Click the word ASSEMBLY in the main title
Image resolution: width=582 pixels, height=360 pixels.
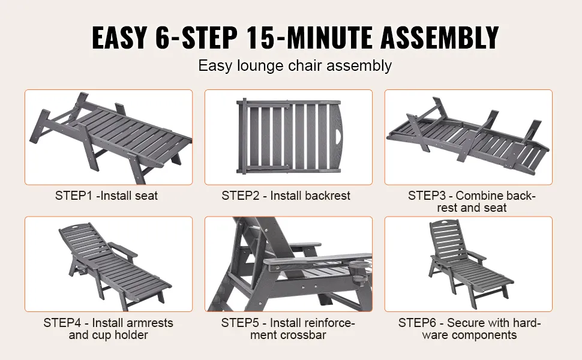coord(440,37)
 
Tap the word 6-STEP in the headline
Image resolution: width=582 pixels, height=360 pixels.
coord(194,37)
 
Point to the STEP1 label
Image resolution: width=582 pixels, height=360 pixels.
coord(73,196)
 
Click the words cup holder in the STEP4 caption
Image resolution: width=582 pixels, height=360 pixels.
coord(119,335)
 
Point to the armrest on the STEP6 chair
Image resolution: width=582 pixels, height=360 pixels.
coord(475,256)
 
